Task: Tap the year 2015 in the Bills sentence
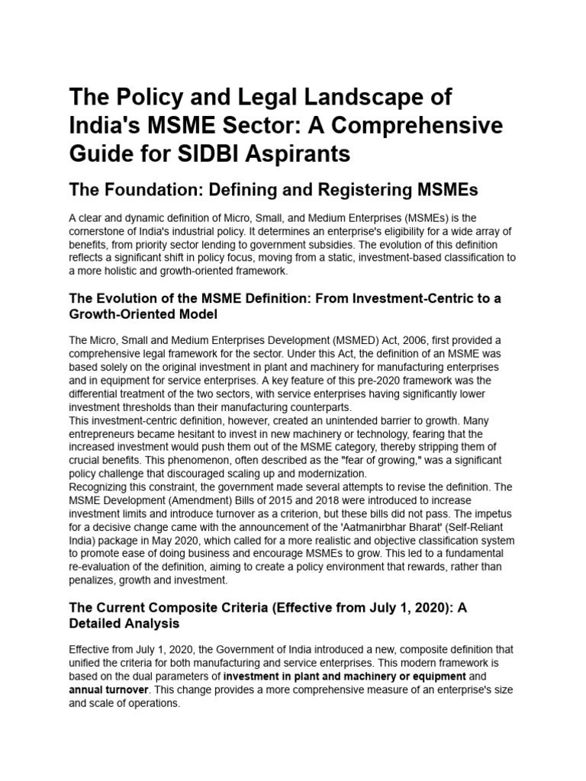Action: [x=256, y=500]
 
